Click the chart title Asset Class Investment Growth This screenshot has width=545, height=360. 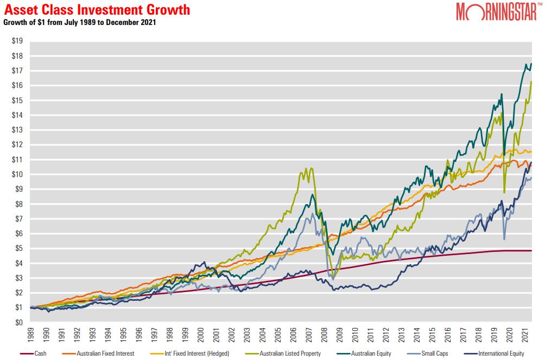pos(97,9)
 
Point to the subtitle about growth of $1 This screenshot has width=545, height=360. pos(80,22)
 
